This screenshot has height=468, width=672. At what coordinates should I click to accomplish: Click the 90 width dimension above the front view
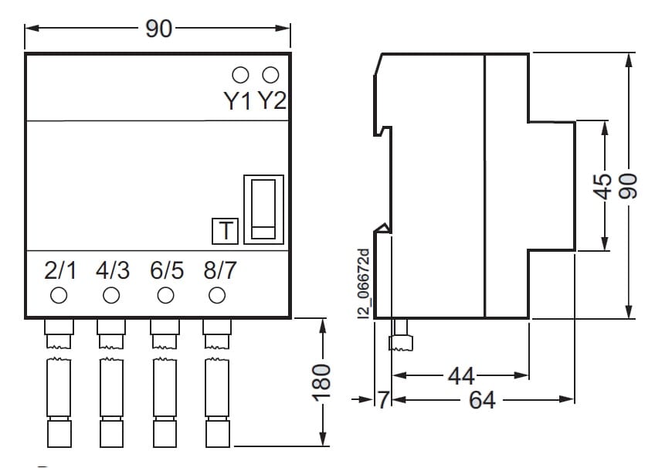point(158,29)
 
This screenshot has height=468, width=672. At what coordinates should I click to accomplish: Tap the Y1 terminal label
point(238,101)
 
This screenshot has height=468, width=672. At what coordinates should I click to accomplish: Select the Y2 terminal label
point(271,101)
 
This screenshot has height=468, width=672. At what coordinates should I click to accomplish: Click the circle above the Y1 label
point(240,75)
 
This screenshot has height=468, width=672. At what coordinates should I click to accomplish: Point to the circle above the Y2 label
point(270,75)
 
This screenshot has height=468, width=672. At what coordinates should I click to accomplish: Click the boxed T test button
point(226,231)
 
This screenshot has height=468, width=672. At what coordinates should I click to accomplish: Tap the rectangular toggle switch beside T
point(263,210)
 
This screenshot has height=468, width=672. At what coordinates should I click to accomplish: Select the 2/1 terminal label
point(61,271)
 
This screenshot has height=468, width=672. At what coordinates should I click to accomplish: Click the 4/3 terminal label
point(113,271)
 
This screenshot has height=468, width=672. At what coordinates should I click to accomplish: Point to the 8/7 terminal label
point(219,271)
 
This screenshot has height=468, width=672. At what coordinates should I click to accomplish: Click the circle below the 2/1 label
point(58,295)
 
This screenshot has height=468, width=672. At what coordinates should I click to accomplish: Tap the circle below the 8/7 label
point(217,295)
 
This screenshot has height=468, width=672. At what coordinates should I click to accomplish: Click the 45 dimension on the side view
point(605,185)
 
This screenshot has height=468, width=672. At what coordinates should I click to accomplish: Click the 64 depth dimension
point(483,400)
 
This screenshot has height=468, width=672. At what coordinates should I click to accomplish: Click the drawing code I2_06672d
point(365,283)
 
